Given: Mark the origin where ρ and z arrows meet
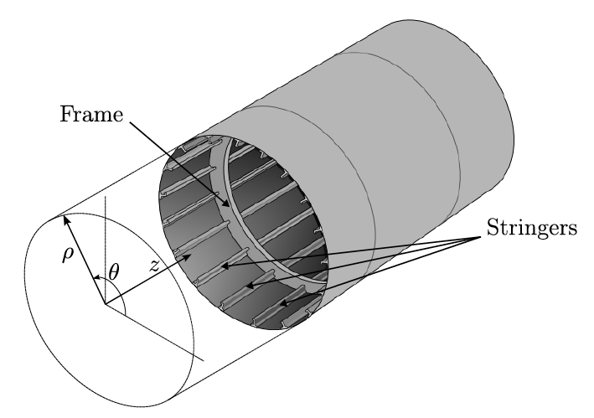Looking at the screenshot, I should coord(106,305).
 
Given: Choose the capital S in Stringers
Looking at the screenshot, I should coord(488,229).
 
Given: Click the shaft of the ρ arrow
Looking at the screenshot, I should coord(84,261).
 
